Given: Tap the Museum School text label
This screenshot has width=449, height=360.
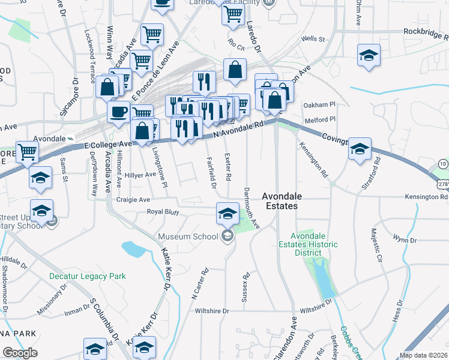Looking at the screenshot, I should (x=188, y=236).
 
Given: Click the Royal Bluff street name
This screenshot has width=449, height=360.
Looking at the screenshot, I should (x=164, y=212).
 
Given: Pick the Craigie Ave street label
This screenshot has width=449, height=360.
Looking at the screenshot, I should (x=133, y=199).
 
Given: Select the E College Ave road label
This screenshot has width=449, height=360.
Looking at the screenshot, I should (x=107, y=145).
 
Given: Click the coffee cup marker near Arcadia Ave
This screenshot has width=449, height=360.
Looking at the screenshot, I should (x=118, y=111).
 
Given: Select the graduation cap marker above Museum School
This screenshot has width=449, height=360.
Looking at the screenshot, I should (x=228, y=213).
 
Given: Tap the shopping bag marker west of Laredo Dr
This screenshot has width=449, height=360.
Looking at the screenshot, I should (x=235, y=69).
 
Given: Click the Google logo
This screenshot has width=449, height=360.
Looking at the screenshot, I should (x=20, y=353).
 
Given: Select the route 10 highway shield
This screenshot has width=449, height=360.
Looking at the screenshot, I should (x=442, y=164).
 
